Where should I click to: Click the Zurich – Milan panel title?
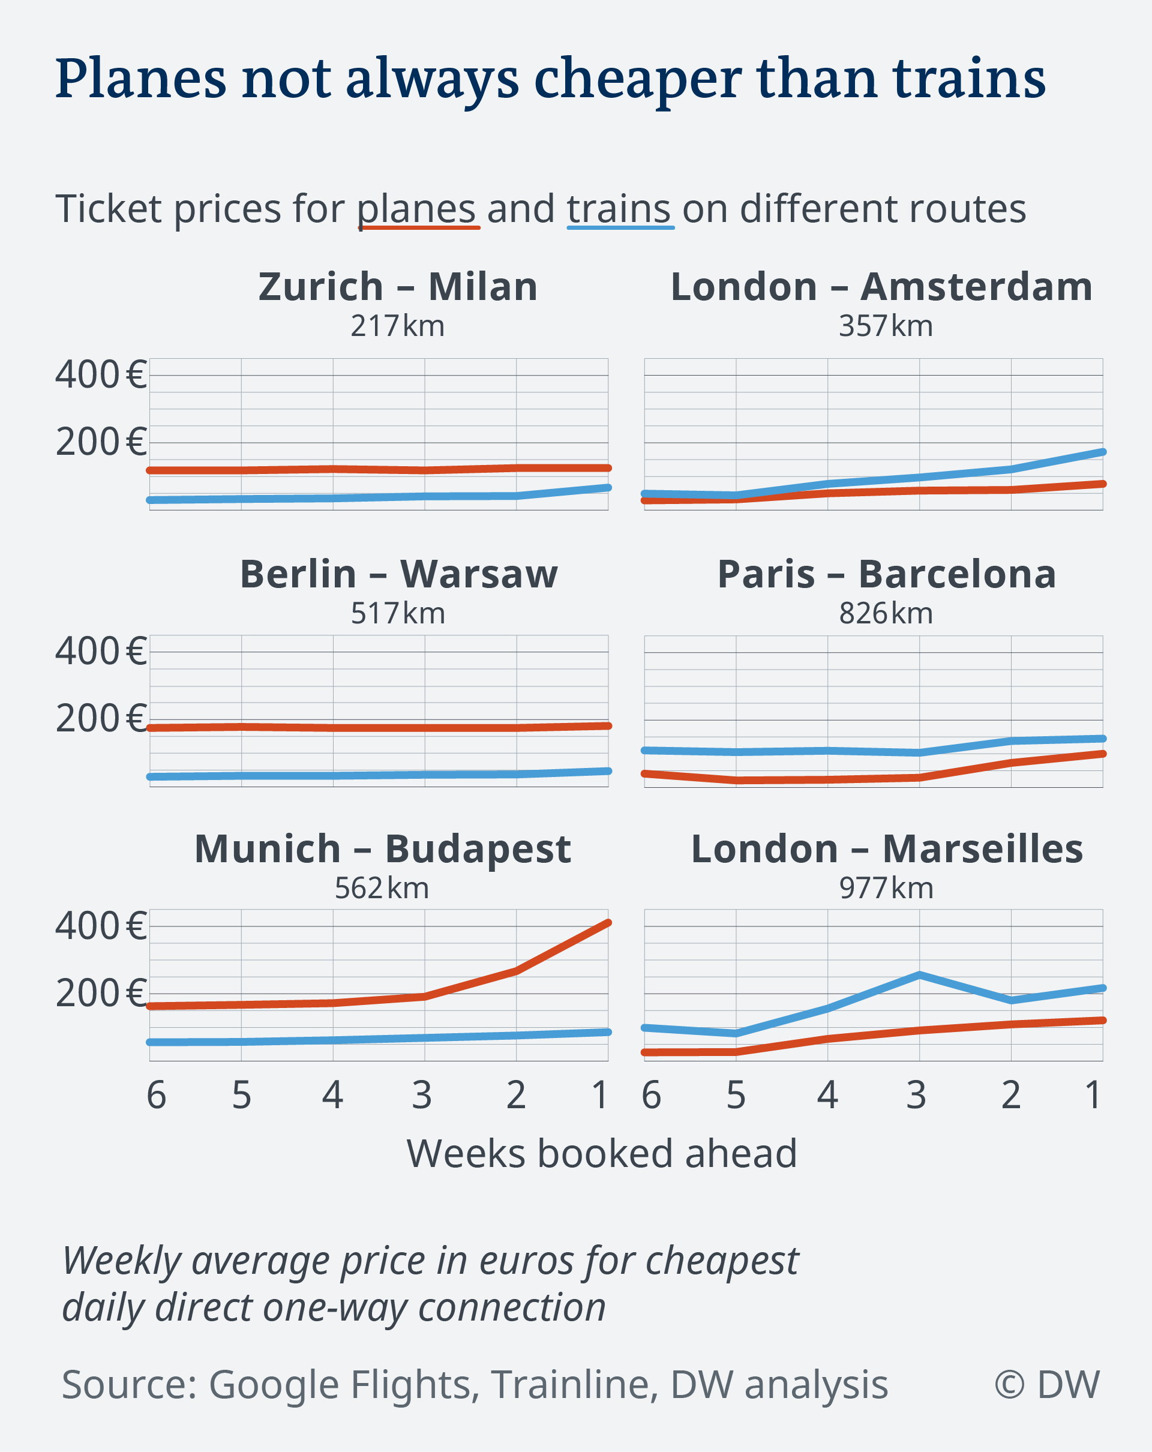tap(398, 287)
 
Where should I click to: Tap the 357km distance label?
tap(886, 326)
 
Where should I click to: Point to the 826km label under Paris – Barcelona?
tap(886, 614)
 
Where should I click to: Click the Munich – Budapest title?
tap(382, 849)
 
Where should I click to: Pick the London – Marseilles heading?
tap(887, 849)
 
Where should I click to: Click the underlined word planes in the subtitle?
tap(417, 209)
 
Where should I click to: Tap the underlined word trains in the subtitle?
tap(619, 209)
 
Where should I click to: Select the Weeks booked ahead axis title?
tap(601, 1154)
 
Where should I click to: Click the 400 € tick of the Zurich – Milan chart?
tap(101, 375)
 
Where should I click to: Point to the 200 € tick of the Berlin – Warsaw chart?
tap(101, 719)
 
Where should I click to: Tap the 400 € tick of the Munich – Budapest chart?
tap(101, 926)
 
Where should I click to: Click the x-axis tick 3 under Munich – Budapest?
tap(422, 1096)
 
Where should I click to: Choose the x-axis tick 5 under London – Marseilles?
tap(736, 1096)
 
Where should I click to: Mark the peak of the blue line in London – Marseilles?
tap(919, 974)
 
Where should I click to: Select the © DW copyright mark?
tap(1046, 1385)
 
